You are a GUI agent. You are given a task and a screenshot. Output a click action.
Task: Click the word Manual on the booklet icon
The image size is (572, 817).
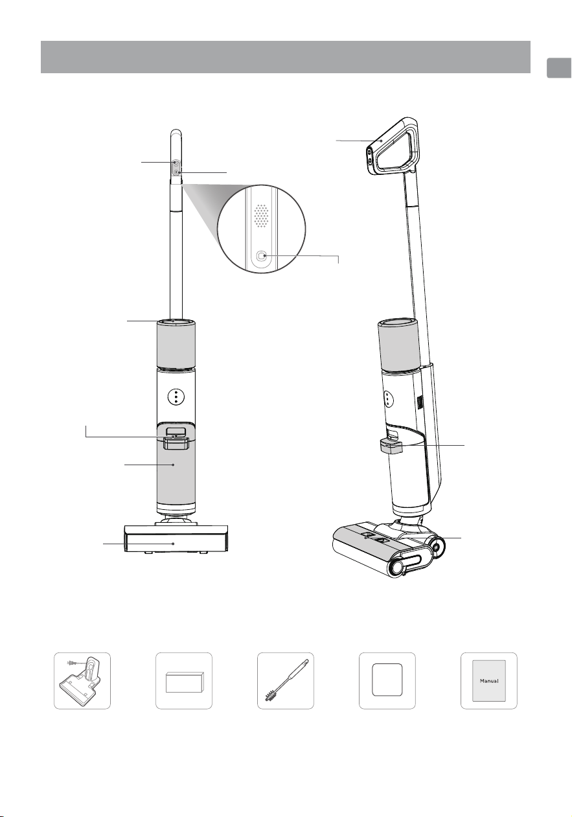click(x=489, y=680)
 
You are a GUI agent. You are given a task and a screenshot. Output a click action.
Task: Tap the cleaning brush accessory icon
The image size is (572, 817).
click(x=286, y=680)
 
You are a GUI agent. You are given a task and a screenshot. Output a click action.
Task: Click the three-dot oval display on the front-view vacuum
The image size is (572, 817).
click(x=176, y=396)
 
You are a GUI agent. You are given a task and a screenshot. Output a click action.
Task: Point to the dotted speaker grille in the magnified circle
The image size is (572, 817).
click(x=261, y=216)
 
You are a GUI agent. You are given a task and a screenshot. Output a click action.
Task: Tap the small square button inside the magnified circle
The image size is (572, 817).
click(x=262, y=256)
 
